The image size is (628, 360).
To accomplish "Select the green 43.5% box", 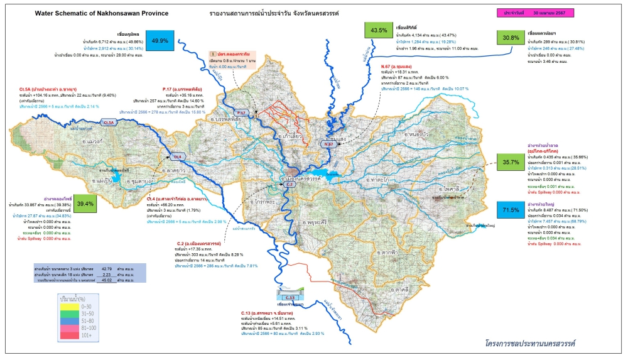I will click(379, 30).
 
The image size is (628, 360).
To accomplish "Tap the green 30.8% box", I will click(511, 38).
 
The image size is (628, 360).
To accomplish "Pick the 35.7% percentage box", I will click(510, 162).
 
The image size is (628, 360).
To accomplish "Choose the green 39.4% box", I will click(85, 204).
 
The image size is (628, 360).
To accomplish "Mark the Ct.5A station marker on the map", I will click(109, 122).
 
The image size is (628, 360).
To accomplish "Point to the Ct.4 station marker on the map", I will click(178, 156).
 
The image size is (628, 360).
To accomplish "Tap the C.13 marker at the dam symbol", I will click(290, 297).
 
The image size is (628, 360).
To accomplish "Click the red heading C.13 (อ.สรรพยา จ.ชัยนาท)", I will click(273, 312).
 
